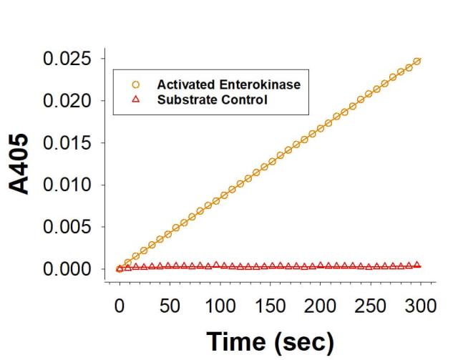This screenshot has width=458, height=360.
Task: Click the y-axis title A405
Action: (x=21, y=163)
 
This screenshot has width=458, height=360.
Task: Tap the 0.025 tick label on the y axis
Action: (x=69, y=59)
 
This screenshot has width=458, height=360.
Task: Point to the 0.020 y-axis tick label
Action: (x=69, y=101)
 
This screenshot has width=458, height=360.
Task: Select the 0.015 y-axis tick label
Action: (x=69, y=143)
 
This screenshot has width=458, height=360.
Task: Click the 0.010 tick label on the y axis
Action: (x=69, y=185)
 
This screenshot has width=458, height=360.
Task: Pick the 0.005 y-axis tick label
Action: (x=69, y=228)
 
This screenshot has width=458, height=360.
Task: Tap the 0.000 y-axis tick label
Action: (x=69, y=270)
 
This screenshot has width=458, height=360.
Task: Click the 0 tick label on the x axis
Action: (x=120, y=306)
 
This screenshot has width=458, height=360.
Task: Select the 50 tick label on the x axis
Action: (x=170, y=306)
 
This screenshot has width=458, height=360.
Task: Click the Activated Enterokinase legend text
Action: (x=228, y=85)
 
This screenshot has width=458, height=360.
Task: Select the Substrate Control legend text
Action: (x=212, y=99)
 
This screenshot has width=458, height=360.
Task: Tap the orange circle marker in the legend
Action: (x=135, y=85)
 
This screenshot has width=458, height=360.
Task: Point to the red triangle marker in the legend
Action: (x=135, y=99)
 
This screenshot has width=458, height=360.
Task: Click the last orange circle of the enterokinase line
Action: (x=417, y=62)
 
